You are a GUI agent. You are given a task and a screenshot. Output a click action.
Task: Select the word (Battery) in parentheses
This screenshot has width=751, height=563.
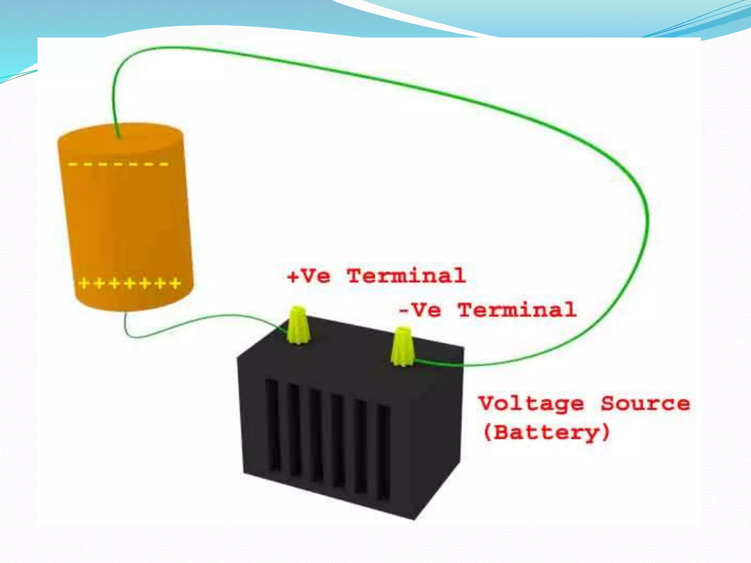[546, 433]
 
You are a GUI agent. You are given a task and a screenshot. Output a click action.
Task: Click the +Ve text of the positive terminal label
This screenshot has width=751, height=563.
[309, 276]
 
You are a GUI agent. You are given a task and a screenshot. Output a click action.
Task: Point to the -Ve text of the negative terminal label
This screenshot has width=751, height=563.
[420, 310]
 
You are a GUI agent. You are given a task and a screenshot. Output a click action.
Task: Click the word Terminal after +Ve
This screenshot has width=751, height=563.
[406, 276]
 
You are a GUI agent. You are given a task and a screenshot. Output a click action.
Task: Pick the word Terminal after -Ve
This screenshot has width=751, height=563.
[517, 310]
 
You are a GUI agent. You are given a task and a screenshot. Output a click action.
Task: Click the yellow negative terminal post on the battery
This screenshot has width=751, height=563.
[402, 346]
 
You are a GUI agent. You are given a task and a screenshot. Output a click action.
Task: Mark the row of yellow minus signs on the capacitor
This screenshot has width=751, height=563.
[118, 164]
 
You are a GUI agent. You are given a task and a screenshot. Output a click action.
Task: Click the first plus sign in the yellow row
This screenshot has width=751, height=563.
[84, 283]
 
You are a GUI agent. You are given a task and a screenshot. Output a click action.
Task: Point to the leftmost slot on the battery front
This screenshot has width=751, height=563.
[273, 425]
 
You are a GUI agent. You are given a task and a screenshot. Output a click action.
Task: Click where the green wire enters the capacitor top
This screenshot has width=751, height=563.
[118, 136]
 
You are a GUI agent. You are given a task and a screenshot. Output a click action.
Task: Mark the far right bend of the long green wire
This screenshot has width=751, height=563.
[648, 220]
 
